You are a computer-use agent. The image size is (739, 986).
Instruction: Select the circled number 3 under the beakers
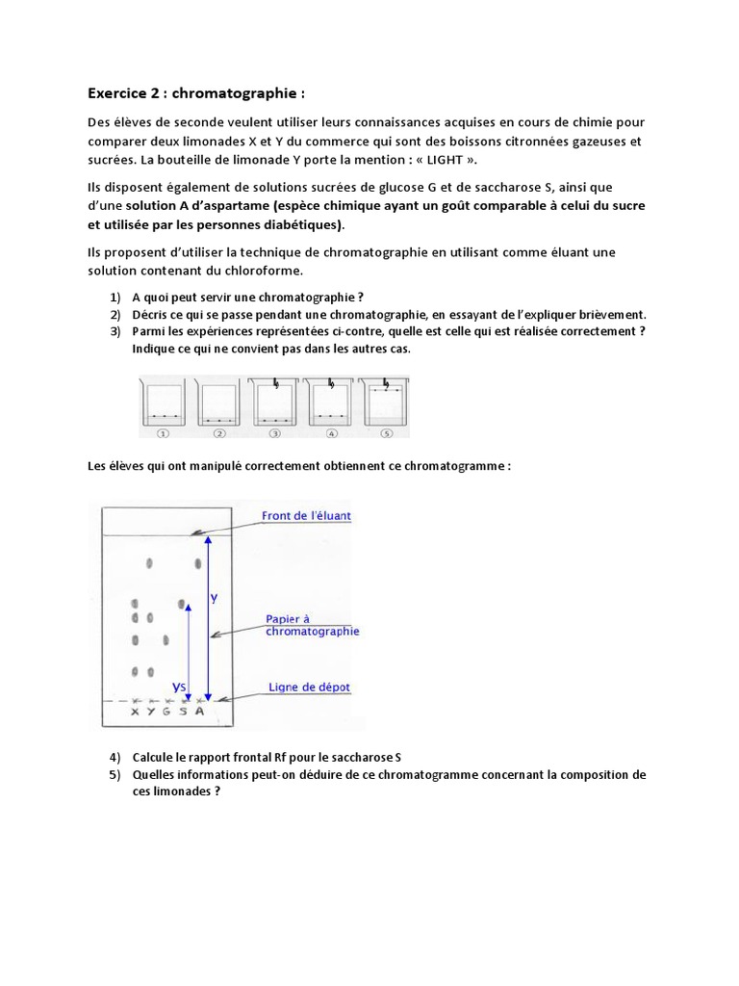(x=275, y=434)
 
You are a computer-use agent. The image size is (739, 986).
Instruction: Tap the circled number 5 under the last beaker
(x=387, y=434)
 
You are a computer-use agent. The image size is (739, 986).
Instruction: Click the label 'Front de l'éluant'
(x=306, y=516)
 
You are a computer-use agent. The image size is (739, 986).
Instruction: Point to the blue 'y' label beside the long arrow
(x=214, y=598)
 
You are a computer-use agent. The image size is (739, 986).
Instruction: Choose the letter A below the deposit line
(x=199, y=712)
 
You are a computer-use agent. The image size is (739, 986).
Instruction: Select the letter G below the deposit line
(x=166, y=712)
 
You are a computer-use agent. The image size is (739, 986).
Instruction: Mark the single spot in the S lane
(x=182, y=604)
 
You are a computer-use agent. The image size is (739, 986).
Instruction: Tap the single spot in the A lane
(x=198, y=564)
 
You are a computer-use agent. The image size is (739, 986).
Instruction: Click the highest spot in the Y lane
(x=149, y=563)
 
